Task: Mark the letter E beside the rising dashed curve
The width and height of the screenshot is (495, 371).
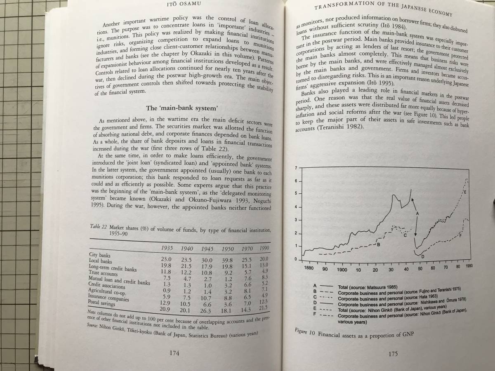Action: tap(464, 193)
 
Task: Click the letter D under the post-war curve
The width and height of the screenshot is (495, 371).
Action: tap(422, 256)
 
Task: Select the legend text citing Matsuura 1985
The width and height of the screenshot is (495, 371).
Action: tap(371, 286)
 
